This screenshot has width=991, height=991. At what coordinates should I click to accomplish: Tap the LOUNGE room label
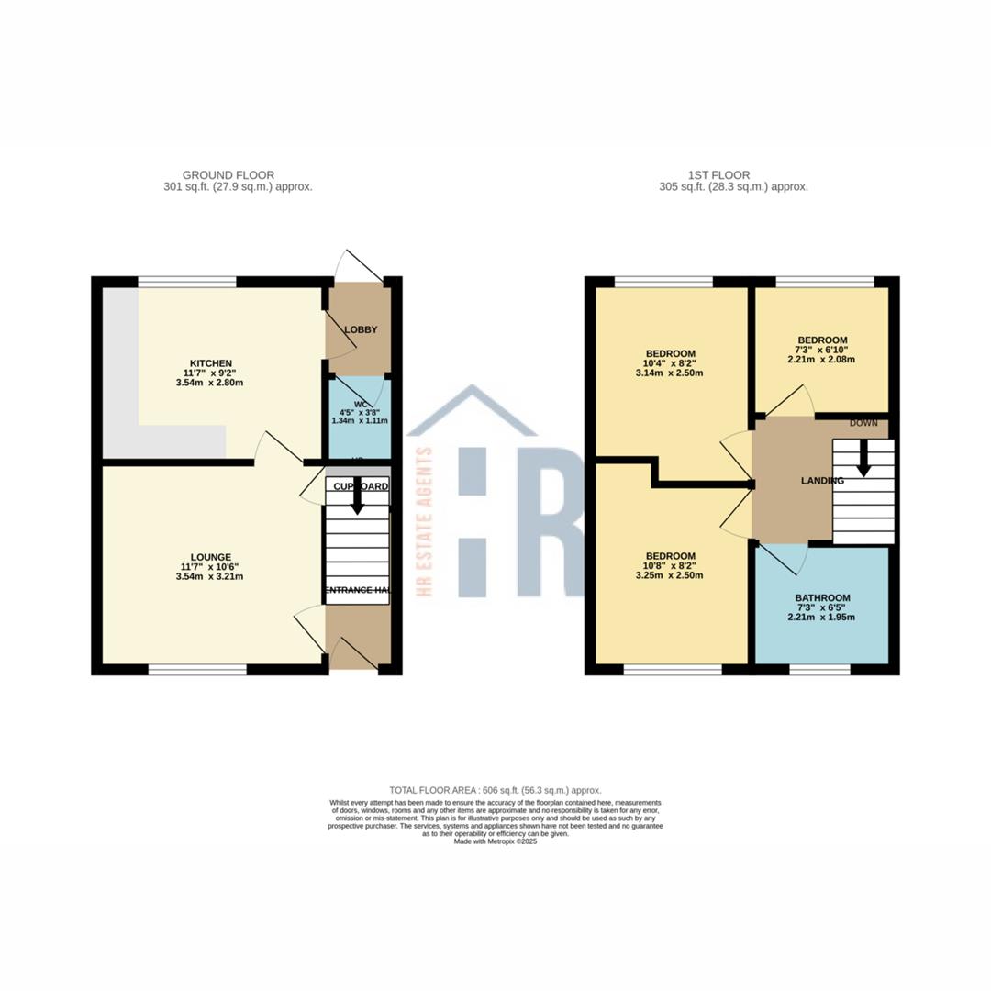point(211,557)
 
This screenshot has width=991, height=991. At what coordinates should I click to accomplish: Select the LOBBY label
point(361,329)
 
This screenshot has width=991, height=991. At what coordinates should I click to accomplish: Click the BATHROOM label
point(822,598)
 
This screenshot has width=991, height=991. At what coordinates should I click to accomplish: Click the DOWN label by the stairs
point(863,423)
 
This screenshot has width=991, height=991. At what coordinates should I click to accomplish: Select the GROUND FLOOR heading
point(228,175)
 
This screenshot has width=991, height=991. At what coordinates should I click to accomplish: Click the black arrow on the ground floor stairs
point(357,497)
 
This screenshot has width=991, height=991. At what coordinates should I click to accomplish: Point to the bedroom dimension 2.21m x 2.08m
point(820,360)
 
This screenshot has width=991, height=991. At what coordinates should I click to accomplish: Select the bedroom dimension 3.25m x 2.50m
point(670,576)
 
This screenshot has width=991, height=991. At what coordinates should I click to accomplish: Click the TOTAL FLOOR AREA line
point(495,790)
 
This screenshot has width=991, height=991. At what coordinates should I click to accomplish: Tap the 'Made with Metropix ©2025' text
point(495,841)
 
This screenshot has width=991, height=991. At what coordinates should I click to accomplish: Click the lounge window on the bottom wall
point(197,670)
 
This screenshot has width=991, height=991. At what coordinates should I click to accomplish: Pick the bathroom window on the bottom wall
point(819,670)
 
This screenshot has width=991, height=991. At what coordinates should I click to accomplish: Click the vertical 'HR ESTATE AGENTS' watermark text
point(425,520)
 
